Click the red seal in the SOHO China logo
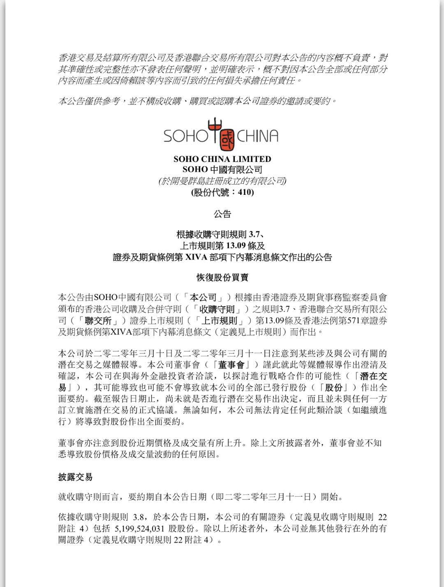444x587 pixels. click(x=227, y=140)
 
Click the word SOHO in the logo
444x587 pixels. click(x=185, y=136)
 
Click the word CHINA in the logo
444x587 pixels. click(x=258, y=136)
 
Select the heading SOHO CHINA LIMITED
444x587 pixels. click(x=222, y=159)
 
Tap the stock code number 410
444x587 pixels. click(x=245, y=192)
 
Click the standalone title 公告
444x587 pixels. click(x=222, y=214)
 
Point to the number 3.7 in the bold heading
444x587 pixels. click(x=254, y=234)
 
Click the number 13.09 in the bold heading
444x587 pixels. click(x=236, y=246)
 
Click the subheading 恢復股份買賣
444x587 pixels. click(x=222, y=277)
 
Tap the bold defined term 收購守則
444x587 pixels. click(x=217, y=309)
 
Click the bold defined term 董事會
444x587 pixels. click(x=231, y=365)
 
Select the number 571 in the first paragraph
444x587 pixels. click(x=354, y=321)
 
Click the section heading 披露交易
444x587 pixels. click(x=75, y=477)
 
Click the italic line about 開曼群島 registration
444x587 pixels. click(x=222, y=181)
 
